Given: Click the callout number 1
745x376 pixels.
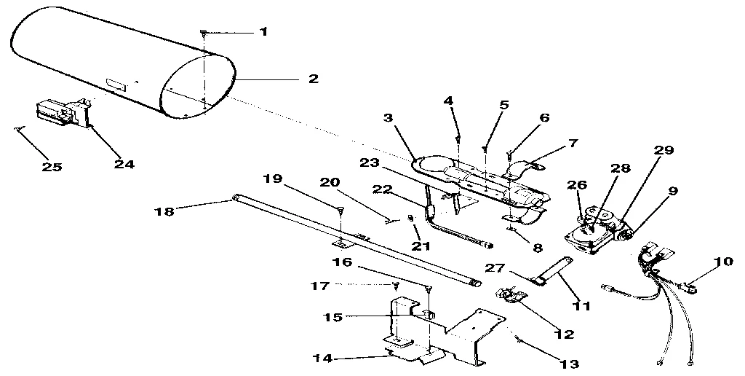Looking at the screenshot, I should tap(263, 32).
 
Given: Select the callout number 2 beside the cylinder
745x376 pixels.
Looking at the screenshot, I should tap(313, 79).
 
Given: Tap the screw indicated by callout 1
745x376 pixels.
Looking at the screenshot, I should tap(204, 33).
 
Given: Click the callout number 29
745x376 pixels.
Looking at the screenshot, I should tap(663, 150).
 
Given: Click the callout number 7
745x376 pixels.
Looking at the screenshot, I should tap(573, 144).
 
